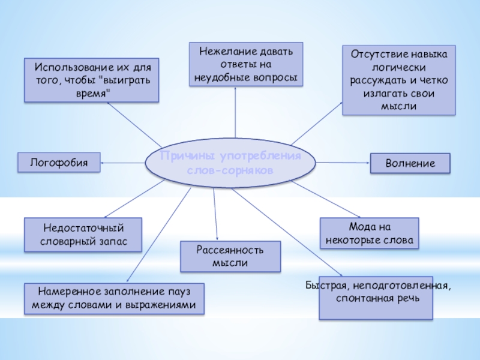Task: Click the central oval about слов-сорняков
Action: pyautogui.click(x=231, y=164)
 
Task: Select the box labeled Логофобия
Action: pyautogui.click(x=58, y=162)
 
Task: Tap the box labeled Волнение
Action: pyautogui.click(x=410, y=163)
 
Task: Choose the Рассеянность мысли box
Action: pyautogui.click(x=230, y=257)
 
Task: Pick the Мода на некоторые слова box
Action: pyautogui.click(x=369, y=234)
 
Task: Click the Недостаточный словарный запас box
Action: pyautogui.click(x=83, y=235)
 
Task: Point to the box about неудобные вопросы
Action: pyautogui.click(x=246, y=64)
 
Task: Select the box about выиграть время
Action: pyautogui.click(x=91, y=80)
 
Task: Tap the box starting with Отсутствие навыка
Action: pyautogui.click(x=398, y=80)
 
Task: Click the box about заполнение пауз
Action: pyautogui.click(x=114, y=299)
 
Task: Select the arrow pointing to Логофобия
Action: pyautogui.click(x=123, y=162)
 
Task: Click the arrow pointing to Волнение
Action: pyautogui.click(x=342, y=163)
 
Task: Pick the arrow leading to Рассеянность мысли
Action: pyautogui.click(x=215, y=213)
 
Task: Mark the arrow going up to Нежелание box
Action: pyautogui.click(x=236, y=114)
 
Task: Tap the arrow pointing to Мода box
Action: pyautogui.click(x=327, y=201)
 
